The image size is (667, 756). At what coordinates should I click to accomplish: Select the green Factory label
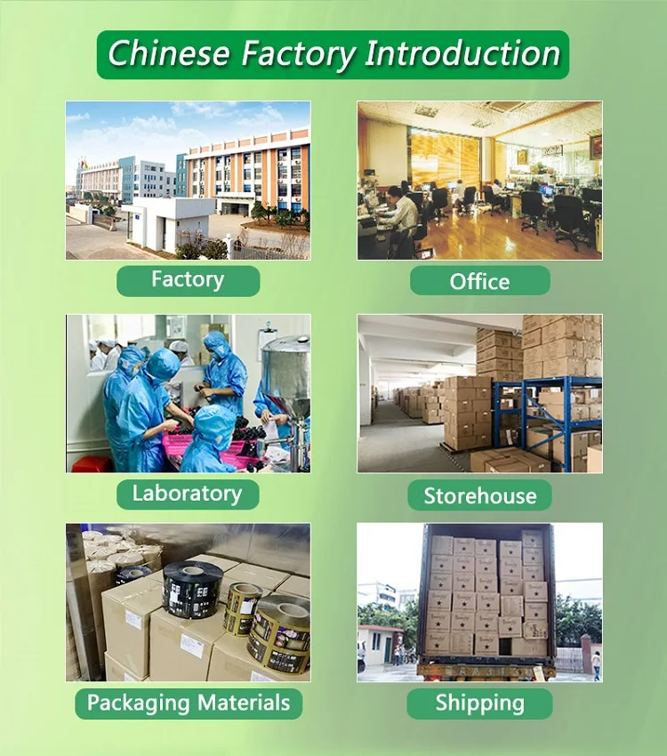pos(188,280)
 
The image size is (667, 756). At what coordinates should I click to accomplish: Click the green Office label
pos(479,281)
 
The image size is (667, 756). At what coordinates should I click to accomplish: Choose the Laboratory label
pos(187,494)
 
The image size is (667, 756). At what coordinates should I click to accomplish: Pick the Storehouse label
pos(479,495)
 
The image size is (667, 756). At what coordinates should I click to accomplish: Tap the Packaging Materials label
pos(189,704)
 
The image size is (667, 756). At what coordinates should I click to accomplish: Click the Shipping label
pos(479,704)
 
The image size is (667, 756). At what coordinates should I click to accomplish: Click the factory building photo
pos(188,180)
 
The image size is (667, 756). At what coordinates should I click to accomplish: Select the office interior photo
pos(479,180)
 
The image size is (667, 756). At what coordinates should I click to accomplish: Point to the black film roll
pos(192,590)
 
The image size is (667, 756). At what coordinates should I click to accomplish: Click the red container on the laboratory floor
pos(92,464)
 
